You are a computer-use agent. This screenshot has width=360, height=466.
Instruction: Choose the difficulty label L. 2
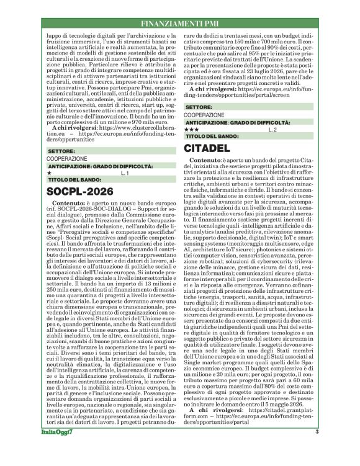[x=271, y=129]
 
